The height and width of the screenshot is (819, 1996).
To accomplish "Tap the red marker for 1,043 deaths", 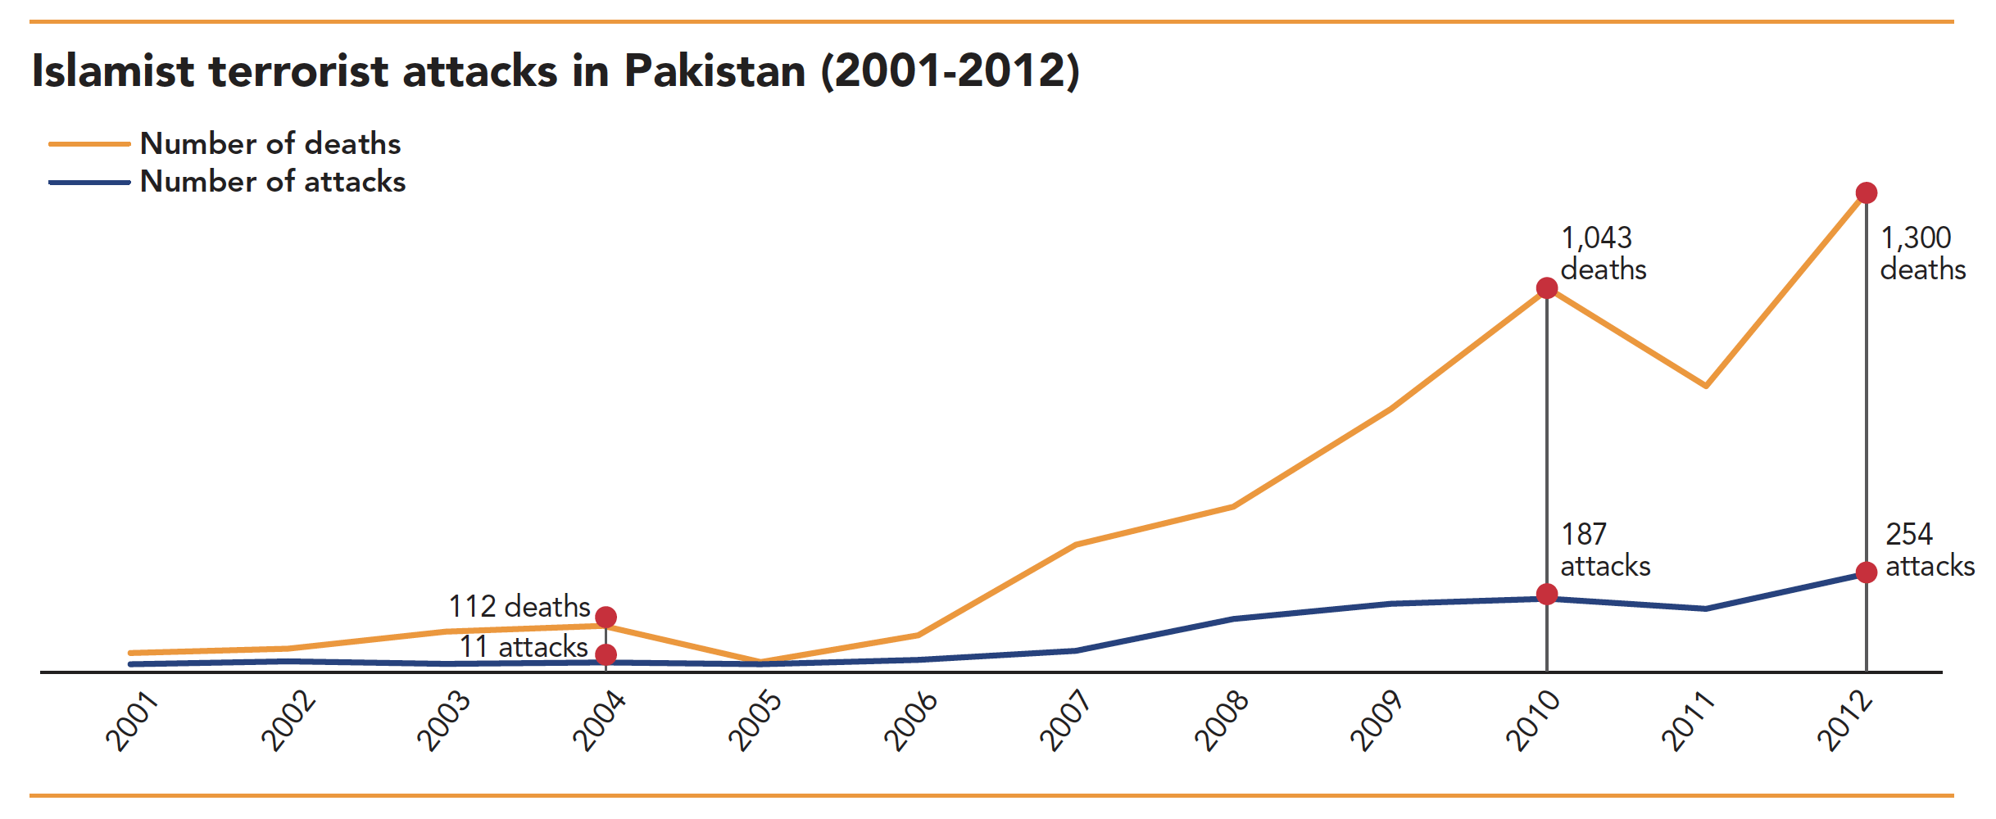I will pyautogui.click(x=1546, y=288).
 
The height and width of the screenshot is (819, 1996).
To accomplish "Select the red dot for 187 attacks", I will pyautogui.click(x=1546, y=595).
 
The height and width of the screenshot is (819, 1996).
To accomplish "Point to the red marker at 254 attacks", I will pyautogui.click(x=1866, y=572).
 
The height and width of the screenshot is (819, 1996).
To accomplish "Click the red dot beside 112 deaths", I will pyautogui.click(x=606, y=617).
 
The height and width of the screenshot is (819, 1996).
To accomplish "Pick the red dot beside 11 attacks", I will pyautogui.click(x=606, y=654).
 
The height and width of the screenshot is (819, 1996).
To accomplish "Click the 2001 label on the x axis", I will pyautogui.click(x=132, y=721).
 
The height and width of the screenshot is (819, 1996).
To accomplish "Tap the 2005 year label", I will pyautogui.click(x=755, y=721).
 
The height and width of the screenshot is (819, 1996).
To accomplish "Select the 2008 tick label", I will pyautogui.click(x=1221, y=721).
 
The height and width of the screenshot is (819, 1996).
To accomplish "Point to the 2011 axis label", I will pyautogui.click(x=1688, y=721).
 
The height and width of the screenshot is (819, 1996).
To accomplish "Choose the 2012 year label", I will pyautogui.click(x=1844, y=721).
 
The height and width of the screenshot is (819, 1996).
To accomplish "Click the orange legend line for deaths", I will pyautogui.click(x=89, y=144).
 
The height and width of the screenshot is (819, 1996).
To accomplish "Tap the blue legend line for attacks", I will pyautogui.click(x=89, y=182).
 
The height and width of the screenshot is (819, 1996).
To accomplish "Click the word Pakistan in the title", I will pyautogui.click(x=714, y=70).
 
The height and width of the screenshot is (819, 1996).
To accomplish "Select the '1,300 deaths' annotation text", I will pyautogui.click(x=1922, y=253).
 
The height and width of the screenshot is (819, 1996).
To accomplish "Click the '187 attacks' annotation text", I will pyautogui.click(x=1604, y=550).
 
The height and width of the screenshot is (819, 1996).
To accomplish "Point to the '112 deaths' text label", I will pyautogui.click(x=519, y=607).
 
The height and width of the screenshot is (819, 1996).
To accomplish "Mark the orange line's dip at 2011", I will pyautogui.click(x=1705, y=386).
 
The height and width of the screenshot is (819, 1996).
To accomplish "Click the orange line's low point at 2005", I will pyautogui.click(x=760, y=660).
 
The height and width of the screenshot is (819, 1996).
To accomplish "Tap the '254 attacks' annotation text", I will pyautogui.click(x=1929, y=550).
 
